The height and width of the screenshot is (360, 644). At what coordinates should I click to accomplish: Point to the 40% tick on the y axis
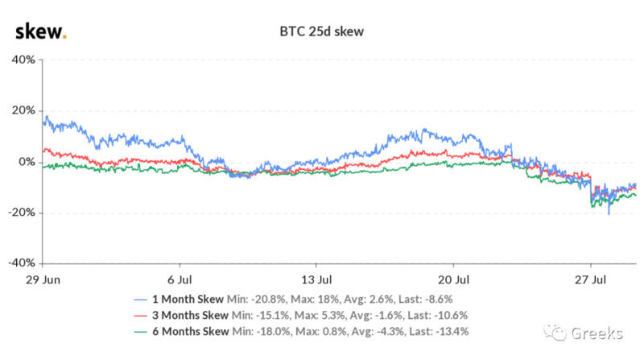click(21, 60)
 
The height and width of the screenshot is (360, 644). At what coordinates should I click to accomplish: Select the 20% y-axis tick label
click(21, 110)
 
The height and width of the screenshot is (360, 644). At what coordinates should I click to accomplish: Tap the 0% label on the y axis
click(24, 162)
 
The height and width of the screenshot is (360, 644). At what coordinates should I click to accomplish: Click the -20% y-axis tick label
click(19, 213)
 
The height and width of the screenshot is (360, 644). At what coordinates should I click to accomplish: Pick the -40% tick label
click(19, 263)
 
